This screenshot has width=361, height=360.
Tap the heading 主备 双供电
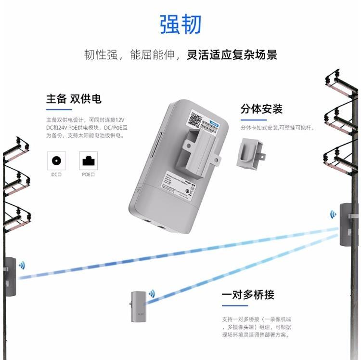click(74, 99)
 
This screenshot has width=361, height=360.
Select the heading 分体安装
click(261, 109)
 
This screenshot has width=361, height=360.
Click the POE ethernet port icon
click(88, 160)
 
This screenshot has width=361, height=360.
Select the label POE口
click(88, 174)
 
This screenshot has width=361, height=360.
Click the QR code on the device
click(195, 119)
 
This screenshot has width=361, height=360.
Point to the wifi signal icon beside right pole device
click(333, 214)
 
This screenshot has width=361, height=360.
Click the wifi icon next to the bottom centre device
click(152, 293)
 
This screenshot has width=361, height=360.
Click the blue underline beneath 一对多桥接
click(234, 306)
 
